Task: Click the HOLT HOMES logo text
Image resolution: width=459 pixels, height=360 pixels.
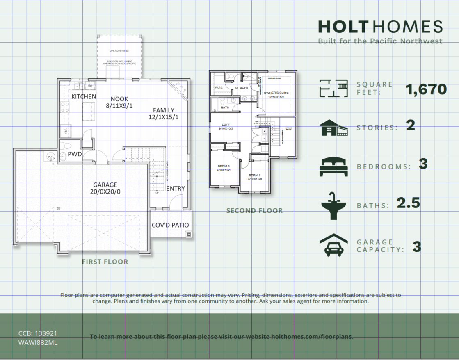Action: click(380, 27)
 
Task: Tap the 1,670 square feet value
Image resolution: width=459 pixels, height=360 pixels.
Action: click(426, 89)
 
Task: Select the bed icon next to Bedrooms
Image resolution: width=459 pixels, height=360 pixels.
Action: click(333, 166)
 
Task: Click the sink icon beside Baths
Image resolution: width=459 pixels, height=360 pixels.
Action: click(333, 205)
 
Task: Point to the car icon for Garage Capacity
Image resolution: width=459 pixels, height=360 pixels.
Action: click(333, 246)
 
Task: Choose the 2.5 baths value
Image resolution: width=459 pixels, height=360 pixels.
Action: click(408, 203)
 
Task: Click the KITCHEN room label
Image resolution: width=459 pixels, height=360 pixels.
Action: click(84, 97)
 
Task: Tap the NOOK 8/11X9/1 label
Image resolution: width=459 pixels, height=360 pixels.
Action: click(119, 102)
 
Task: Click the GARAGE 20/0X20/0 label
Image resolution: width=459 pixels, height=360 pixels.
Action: click(105, 188)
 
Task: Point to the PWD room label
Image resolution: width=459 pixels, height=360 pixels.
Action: click(74, 155)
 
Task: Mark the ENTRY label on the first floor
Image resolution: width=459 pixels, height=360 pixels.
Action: click(176, 189)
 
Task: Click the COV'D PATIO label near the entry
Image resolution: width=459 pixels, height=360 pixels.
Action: click(170, 225)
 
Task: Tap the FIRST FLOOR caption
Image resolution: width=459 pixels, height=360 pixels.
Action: click(105, 262)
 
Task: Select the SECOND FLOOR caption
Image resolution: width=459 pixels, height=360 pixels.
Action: click(254, 211)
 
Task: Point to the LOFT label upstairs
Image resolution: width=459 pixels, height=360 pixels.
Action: click(226, 126)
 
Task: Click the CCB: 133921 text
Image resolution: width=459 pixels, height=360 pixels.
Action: click(38, 333)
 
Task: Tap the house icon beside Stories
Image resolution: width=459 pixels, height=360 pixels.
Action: click(333, 128)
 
